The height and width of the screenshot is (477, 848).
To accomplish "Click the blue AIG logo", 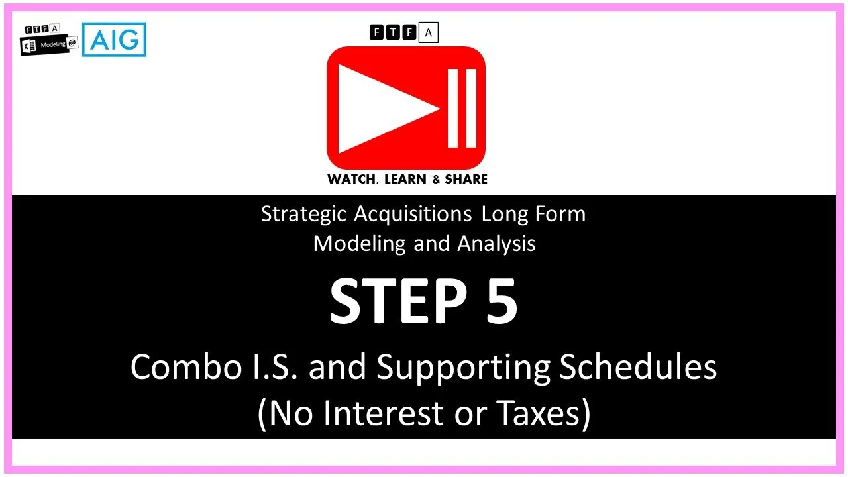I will coord(114,39).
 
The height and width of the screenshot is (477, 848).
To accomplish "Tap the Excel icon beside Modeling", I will coord(28,44).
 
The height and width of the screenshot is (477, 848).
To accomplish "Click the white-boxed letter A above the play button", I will coord(429,32).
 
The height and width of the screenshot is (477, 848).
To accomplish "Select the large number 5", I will coord(502,301).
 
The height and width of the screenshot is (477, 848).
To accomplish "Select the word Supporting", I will coord(463,368).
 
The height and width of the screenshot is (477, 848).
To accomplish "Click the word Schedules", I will coord(638,367).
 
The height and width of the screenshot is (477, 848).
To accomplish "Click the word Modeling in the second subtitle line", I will coord(360,244).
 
